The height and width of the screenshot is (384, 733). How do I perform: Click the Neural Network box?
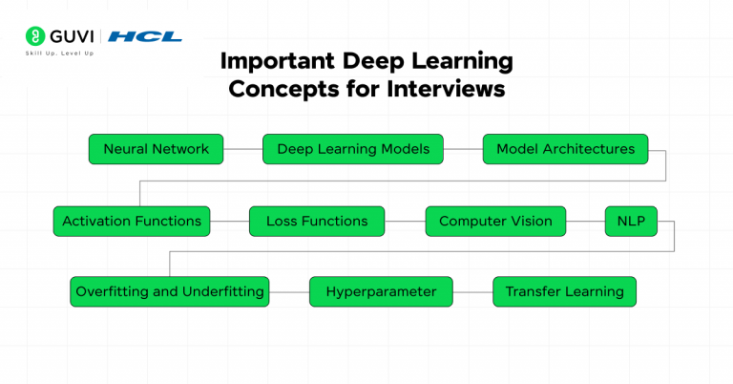[156, 149]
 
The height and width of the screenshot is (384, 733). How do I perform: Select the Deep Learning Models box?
[353, 149]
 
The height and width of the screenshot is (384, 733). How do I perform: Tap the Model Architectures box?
[565, 149]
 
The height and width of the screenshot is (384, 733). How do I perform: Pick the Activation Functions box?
[132, 221]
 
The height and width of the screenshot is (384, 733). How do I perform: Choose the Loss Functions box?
[317, 221]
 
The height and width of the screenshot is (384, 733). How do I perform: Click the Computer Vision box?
[495, 221]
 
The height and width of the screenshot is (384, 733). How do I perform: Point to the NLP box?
[631, 221]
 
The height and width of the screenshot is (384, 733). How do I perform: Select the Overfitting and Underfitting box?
[170, 291]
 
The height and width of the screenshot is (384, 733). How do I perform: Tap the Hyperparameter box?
[381, 291]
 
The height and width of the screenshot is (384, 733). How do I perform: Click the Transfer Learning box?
[564, 291]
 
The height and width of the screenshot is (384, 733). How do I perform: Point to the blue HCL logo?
[144, 36]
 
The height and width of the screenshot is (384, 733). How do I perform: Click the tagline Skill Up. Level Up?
[59, 53]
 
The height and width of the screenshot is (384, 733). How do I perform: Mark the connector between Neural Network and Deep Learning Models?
[242, 149]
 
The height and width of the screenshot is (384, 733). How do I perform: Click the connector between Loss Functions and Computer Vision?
[405, 221]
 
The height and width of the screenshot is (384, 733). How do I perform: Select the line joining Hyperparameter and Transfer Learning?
[472, 291]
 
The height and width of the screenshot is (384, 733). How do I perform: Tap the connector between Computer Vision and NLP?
[585, 221]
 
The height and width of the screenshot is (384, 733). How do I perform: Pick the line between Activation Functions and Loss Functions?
[230, 221]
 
